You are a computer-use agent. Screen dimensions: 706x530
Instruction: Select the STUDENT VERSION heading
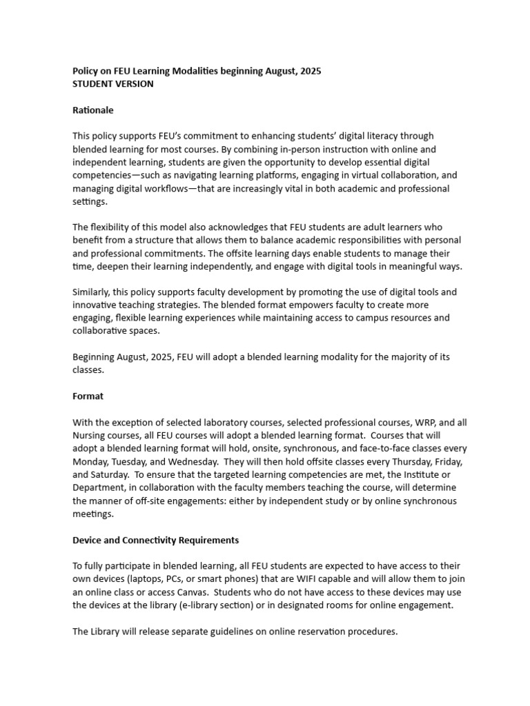pyautogui.click(x=113, y=84)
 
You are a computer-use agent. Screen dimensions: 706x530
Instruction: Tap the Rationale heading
pyautogui.click(x=93, y=110)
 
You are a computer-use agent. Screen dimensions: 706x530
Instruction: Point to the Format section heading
pyautogui.click(x=88, y=396)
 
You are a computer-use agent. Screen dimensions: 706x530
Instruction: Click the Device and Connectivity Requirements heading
pyautogui.click(x=156, y=540)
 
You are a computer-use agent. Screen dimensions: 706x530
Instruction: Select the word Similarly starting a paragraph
pyautogui.click(x=94, y=292)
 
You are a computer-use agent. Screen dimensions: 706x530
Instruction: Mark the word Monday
pyautogui.click(x=92, y=462)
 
